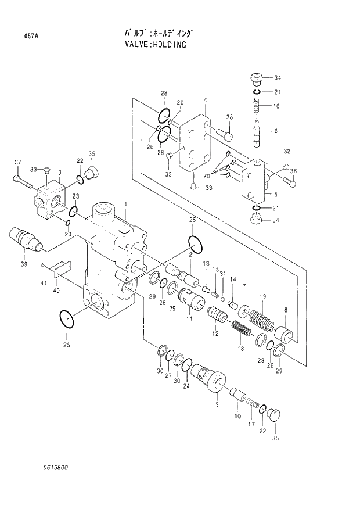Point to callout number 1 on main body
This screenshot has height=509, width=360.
[125, 204]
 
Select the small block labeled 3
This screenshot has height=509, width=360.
[51, 198]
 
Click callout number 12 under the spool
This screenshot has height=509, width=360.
[215, 333]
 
